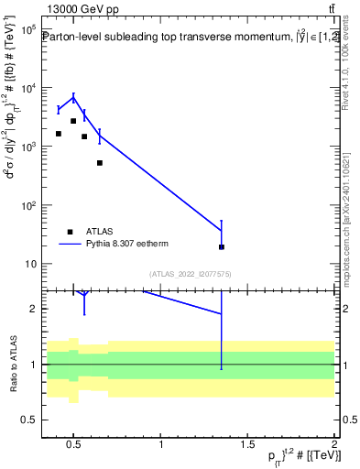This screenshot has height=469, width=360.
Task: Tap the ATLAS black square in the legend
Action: pyautogui.click(x=70, y=232)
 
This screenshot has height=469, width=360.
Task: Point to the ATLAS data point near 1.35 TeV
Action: pyautogui.click(x=222, y=246)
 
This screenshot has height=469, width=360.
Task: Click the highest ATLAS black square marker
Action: pyautogui.click(x=73, y=121)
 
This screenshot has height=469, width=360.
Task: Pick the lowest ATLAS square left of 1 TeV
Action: pyautogui.click(x=100, y=163)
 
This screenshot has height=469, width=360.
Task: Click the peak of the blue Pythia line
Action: pyautogui.click(x=73, y=97)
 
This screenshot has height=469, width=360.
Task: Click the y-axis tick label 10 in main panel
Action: pyautogui.click(x=29, y=264)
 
